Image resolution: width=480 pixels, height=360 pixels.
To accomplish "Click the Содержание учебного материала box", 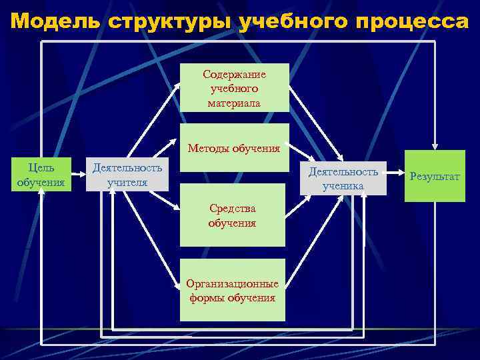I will tap(234, 87).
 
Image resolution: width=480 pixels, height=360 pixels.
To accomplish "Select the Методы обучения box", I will tap(234, 148).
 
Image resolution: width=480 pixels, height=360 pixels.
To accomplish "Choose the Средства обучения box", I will tap(232, 217).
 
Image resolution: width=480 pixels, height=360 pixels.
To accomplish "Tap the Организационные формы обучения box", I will tap(232, 290).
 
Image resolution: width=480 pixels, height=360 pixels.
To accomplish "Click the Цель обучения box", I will tap(41, 175).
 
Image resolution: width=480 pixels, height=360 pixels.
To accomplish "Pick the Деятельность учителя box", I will tap(127, 174).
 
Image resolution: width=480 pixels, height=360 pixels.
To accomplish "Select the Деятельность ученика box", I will tap(343, 178).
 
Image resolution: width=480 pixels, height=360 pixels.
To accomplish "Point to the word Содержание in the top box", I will tap(234, 75).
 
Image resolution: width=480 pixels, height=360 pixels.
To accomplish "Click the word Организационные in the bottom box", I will tap(232, 284).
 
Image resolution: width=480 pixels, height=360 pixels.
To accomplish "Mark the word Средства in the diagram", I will tap(232, 209).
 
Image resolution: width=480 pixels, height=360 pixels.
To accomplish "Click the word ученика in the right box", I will tap(343, 186).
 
